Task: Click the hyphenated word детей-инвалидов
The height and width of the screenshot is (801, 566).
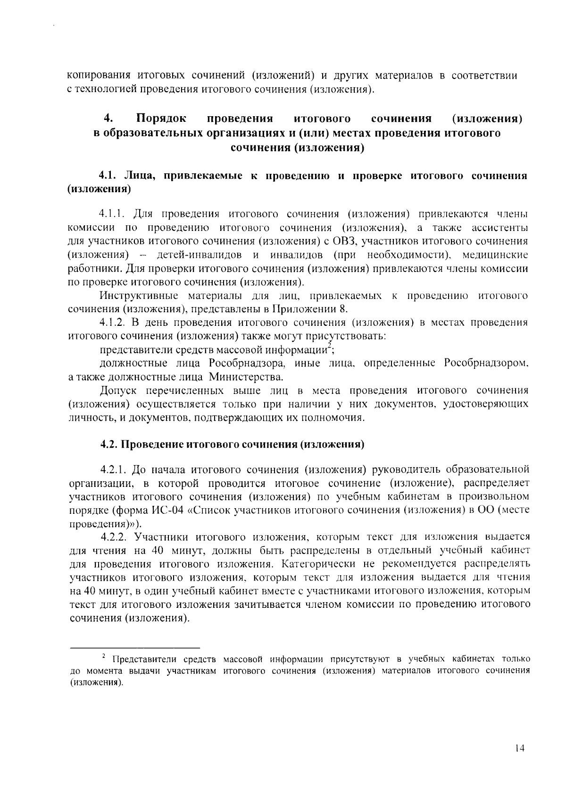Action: [200, 255]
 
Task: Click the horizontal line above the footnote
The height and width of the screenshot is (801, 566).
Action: [134, 648]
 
